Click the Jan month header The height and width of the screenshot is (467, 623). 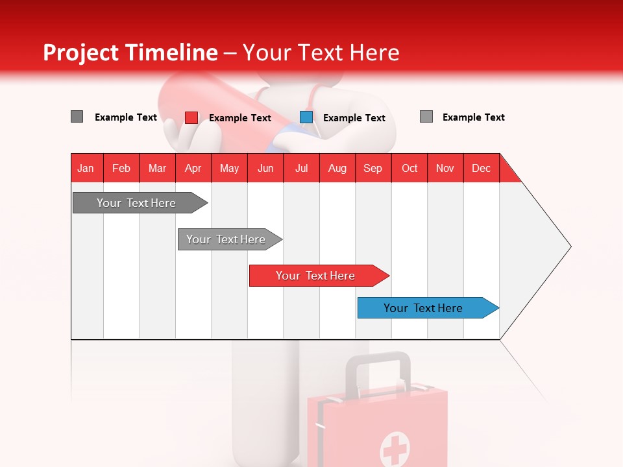[x=86, y=168]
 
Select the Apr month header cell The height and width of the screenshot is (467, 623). [x=193, y=168]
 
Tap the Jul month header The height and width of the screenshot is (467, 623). [x=301, y=168]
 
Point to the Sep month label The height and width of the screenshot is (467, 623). [x=373, y=168]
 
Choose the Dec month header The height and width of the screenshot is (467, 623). [x=481, y=168]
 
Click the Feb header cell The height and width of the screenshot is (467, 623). [x=121, y=168]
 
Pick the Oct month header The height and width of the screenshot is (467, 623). [x=409, y=168]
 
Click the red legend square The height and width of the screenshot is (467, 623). [x=191, y=117]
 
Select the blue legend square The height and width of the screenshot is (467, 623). [x=306, y=117]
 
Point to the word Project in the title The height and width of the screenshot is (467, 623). [x=80, y=53]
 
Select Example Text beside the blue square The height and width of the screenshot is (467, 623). [x=354, y=117]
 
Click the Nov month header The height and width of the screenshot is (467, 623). [x=445, y=168]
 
